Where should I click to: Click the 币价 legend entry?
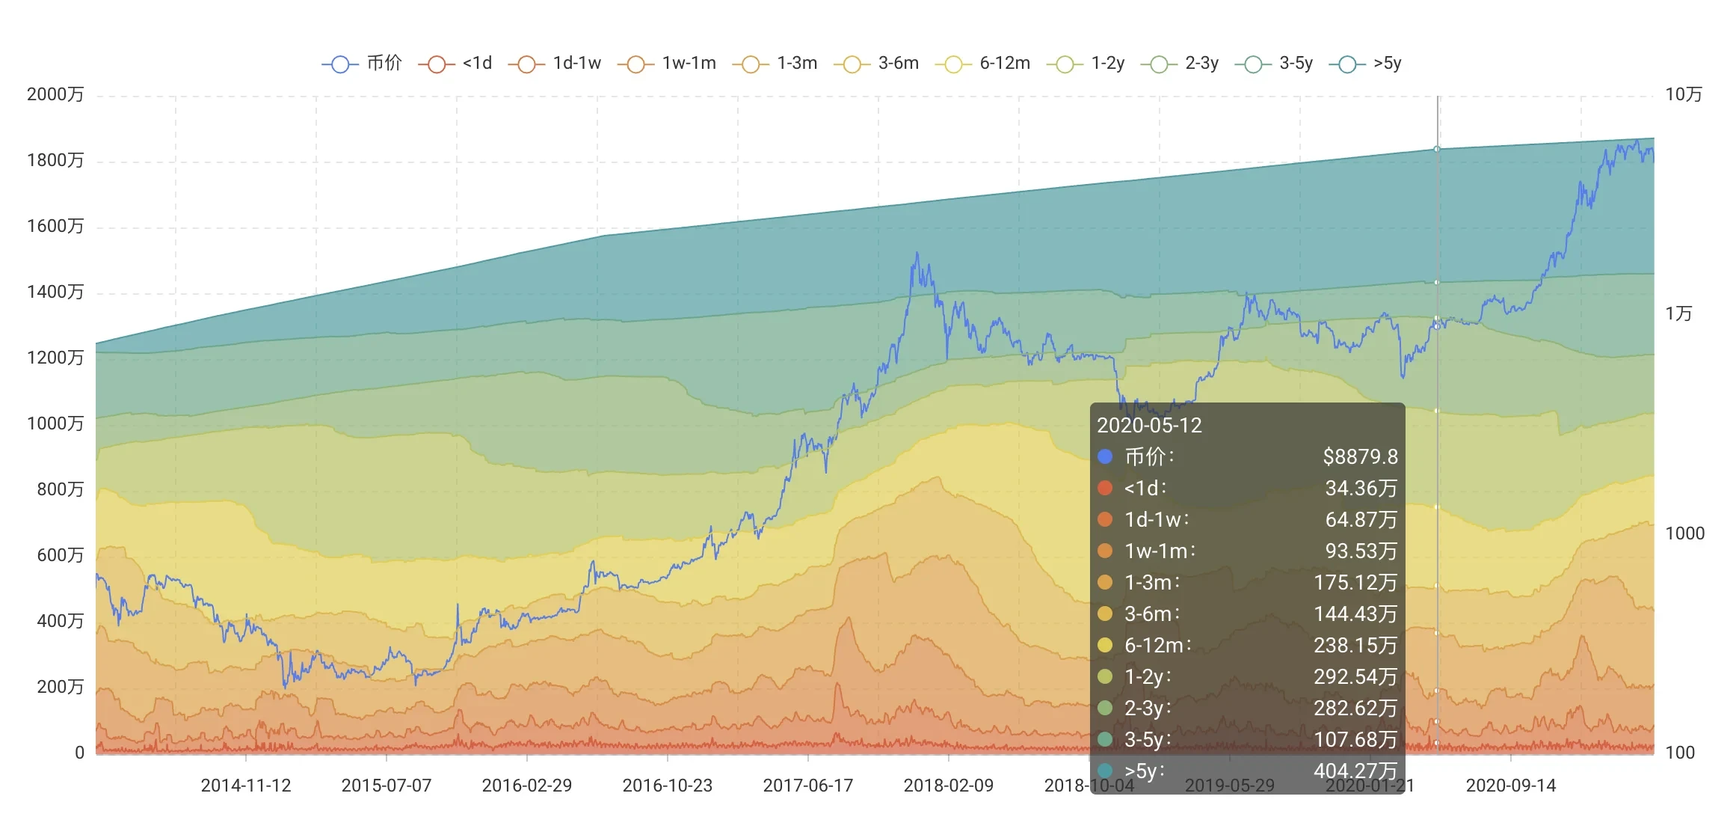tap(363, 64)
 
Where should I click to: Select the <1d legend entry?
tap(456, 64)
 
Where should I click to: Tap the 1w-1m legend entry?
tap(668, 64)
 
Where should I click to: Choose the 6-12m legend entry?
tap(983, 64)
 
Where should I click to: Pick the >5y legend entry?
tap(1366, 64)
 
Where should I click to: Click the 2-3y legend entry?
tap(1181, 64)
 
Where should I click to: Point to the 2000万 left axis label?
tap(55, 95)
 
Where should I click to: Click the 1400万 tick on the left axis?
tap(55, 293)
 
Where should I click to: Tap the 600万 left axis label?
tap(60, 556)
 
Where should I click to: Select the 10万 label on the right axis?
tap(1684, 95)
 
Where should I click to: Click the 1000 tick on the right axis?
tap(1685, 534)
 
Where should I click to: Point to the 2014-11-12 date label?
tap(246, 786)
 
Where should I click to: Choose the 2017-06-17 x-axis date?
tap(808, 786)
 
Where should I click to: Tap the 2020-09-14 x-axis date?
tap(1511, 786)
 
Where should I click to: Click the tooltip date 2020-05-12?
tap(1149, 426)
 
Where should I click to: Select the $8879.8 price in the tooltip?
tap(1360, 457)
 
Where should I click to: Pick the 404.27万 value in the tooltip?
tap(1355, 771)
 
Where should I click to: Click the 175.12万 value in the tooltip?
tap(1355, 583)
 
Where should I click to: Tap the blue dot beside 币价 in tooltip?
tap(1105, 456)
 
